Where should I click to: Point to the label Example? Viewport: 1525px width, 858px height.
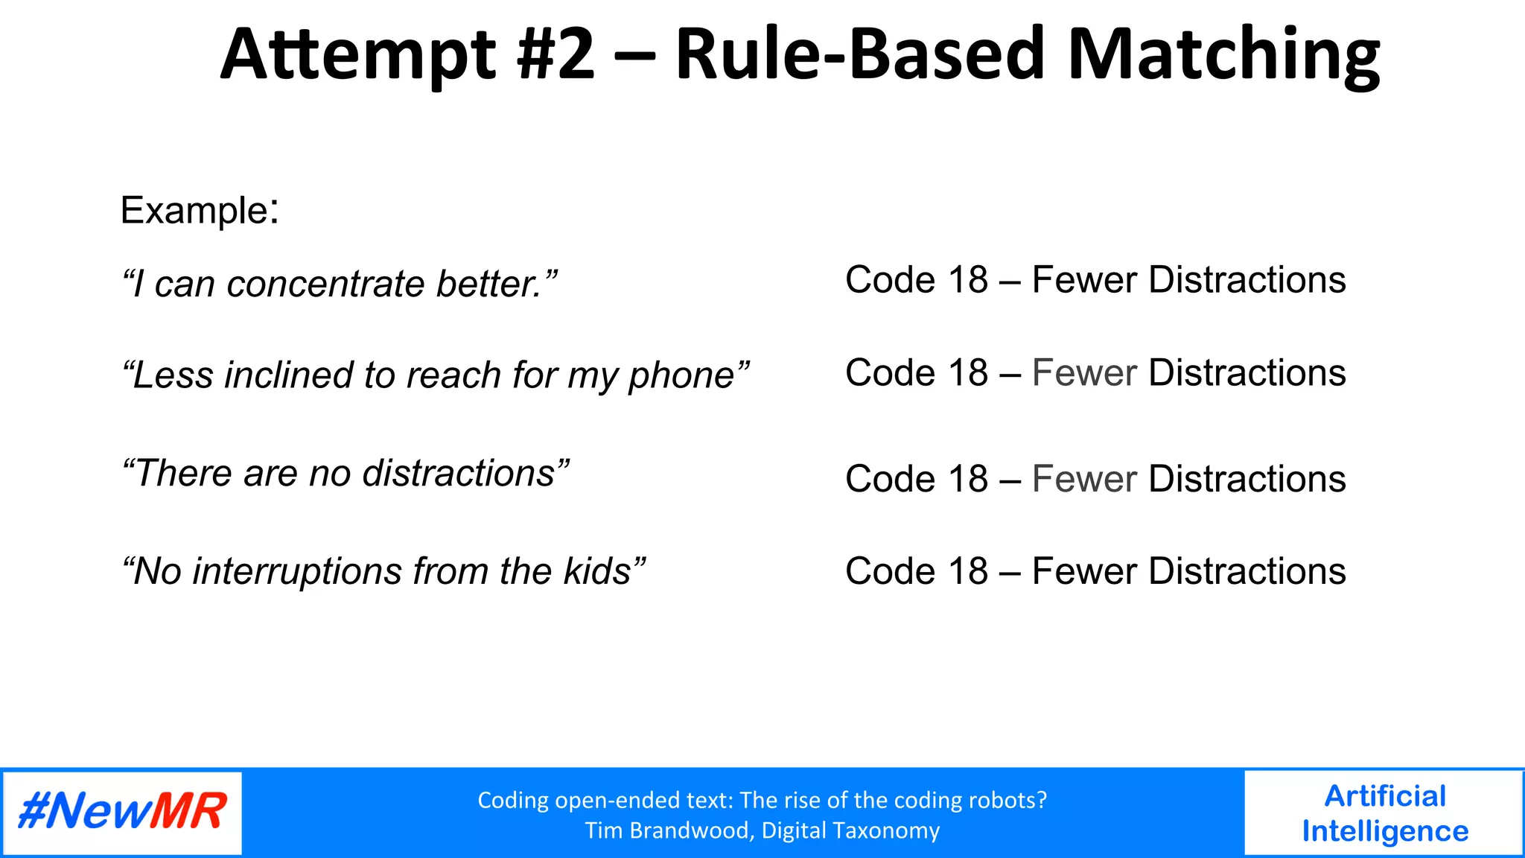pos(199,210)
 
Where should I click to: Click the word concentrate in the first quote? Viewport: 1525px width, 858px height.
pos(325,285)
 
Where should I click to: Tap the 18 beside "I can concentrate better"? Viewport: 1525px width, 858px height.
pos(967,280)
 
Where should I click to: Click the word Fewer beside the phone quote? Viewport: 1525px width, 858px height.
pos(1084,372)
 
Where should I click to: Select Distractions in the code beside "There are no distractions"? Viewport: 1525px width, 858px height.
pos(1247,479)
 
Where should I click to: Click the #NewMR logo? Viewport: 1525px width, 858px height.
pos(122,812)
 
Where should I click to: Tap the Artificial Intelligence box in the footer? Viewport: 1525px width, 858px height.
pos(1384,813)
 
